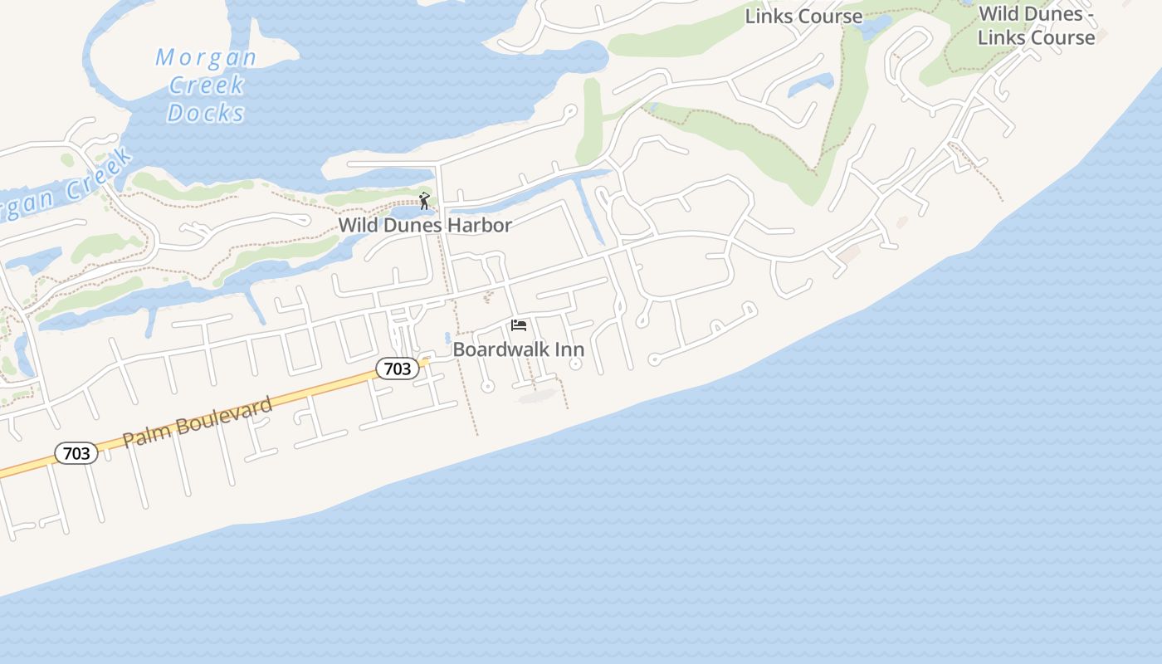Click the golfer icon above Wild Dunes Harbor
click(424, 201)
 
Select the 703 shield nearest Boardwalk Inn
click(398, 369)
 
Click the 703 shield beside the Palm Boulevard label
click(76, 453)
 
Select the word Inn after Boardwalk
click(570, 349)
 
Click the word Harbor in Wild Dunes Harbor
click(479, 225)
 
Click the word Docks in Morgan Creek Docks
click(206, 113)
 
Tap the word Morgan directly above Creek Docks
click(206, 58)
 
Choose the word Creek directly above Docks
click(206, 85)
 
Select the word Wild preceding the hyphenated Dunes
click(998, 14)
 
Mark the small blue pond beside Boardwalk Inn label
click(447, 338)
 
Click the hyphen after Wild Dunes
click(1090, 14)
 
